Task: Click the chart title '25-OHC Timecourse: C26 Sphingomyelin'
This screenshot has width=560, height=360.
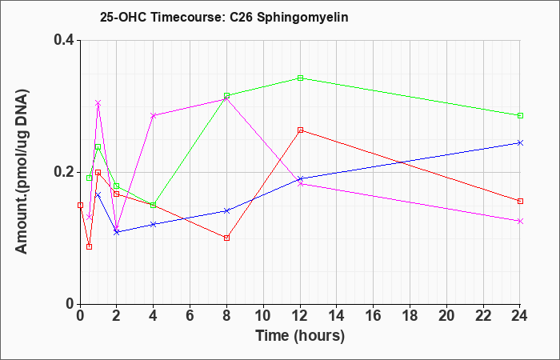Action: pos(224,17)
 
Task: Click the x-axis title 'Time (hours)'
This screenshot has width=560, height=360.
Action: pos(300,336)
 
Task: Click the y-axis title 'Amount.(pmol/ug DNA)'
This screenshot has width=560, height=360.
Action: pos(22,171)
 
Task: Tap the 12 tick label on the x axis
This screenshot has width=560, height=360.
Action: pos(300,316)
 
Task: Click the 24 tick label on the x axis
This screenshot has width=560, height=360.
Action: pos(520,316)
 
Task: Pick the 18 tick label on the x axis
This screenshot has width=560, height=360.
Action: pos(410,316)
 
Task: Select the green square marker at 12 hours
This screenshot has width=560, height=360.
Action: pos(300,78)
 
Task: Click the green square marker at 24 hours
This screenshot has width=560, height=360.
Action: pos(520,115)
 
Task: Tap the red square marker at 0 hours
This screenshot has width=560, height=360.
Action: pos(80,205)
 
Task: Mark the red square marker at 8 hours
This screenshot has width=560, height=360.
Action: pos(226,238)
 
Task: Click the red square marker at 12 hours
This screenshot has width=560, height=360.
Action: pos(300,130)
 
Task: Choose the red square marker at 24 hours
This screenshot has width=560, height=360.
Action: pos(520,201)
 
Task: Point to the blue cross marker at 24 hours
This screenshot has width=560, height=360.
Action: pos(520,143)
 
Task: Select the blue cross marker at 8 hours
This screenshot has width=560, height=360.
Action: pos(226,210)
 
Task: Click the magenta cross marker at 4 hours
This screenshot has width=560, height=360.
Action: pos(154,115)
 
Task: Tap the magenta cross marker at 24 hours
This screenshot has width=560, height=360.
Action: pos(520,221)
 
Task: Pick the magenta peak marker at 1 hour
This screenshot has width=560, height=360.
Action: pos(98,103)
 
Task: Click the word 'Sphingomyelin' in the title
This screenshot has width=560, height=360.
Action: pos(302,18)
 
